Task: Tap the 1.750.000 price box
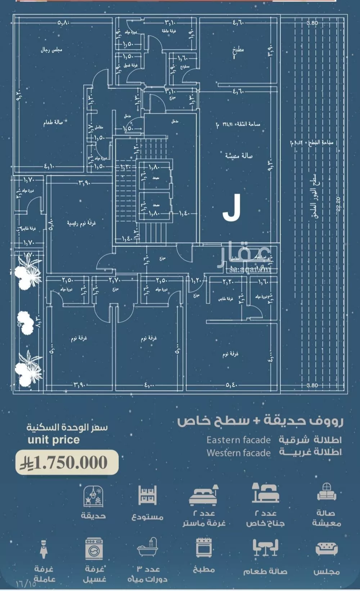(x=67, y=463)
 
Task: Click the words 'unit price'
(x=53, y=439)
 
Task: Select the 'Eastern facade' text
(x=238, y=440)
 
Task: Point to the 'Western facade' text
(x=238, y=452)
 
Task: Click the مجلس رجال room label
(x=51, y=50)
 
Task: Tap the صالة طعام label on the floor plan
(x=53, y=123)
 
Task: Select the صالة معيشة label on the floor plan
(x=239, y=155)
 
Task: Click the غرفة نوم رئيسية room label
(x=81, y=223)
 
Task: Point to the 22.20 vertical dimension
(x=338, y=204)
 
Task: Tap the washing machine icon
(x=94, y=548)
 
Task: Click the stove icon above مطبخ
(x=204, y=548)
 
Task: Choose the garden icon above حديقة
(x=93, y=496)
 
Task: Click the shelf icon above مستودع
(x=148, y=496)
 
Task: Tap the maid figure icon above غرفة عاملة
(x=44, y=549)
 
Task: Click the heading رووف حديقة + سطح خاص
(x=260, y=421)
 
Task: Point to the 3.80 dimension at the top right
(x=312, y=23)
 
